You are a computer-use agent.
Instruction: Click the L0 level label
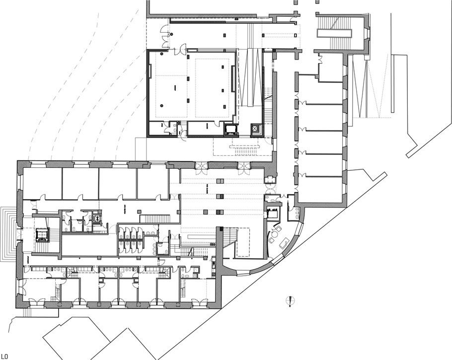(x=4, y=356)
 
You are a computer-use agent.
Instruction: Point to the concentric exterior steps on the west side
(x=9, y=233)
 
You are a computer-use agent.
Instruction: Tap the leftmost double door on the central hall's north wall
(x=204, y=167)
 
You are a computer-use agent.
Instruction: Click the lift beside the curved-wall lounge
(x=273, y=214)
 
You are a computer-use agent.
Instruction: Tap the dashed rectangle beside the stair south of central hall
(x=243, y=242)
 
